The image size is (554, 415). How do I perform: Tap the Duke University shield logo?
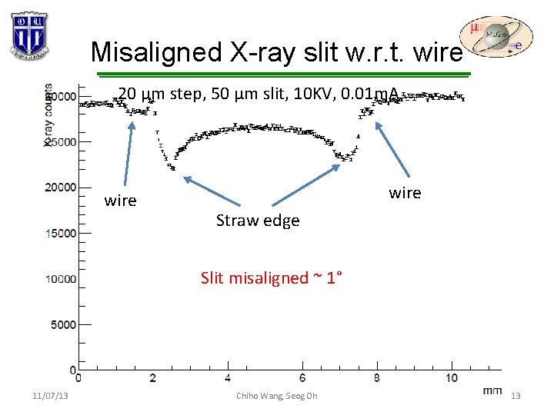tap(30, 35)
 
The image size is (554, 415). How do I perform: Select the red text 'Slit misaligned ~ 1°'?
tap(272, 277)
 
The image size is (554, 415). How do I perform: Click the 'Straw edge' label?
tap(258, 221)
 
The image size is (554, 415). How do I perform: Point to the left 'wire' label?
tap(120, 201)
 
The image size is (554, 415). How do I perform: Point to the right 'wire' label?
tap(405, 192)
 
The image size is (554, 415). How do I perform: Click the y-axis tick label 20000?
tap(62, 187)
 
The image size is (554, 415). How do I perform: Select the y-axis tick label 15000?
tap(62, 233)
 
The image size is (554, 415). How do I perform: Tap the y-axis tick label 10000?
tap(62, 278)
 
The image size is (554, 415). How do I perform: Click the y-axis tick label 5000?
tap(64, 324)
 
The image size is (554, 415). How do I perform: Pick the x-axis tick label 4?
tap(228, 379)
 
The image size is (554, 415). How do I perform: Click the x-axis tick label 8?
tap(376, 379)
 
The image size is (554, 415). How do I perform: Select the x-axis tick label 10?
tap(451, 379)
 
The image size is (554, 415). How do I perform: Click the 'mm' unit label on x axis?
tap(492, 390)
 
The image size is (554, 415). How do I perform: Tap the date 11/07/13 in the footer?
tap(50, 396)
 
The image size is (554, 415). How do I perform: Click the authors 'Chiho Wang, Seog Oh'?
tap(276, 396)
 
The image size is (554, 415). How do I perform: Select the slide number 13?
tap(516, 396)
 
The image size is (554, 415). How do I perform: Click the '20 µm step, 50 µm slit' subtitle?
tap(259, 95)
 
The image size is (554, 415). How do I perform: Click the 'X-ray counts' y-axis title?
tap(48, 115)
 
